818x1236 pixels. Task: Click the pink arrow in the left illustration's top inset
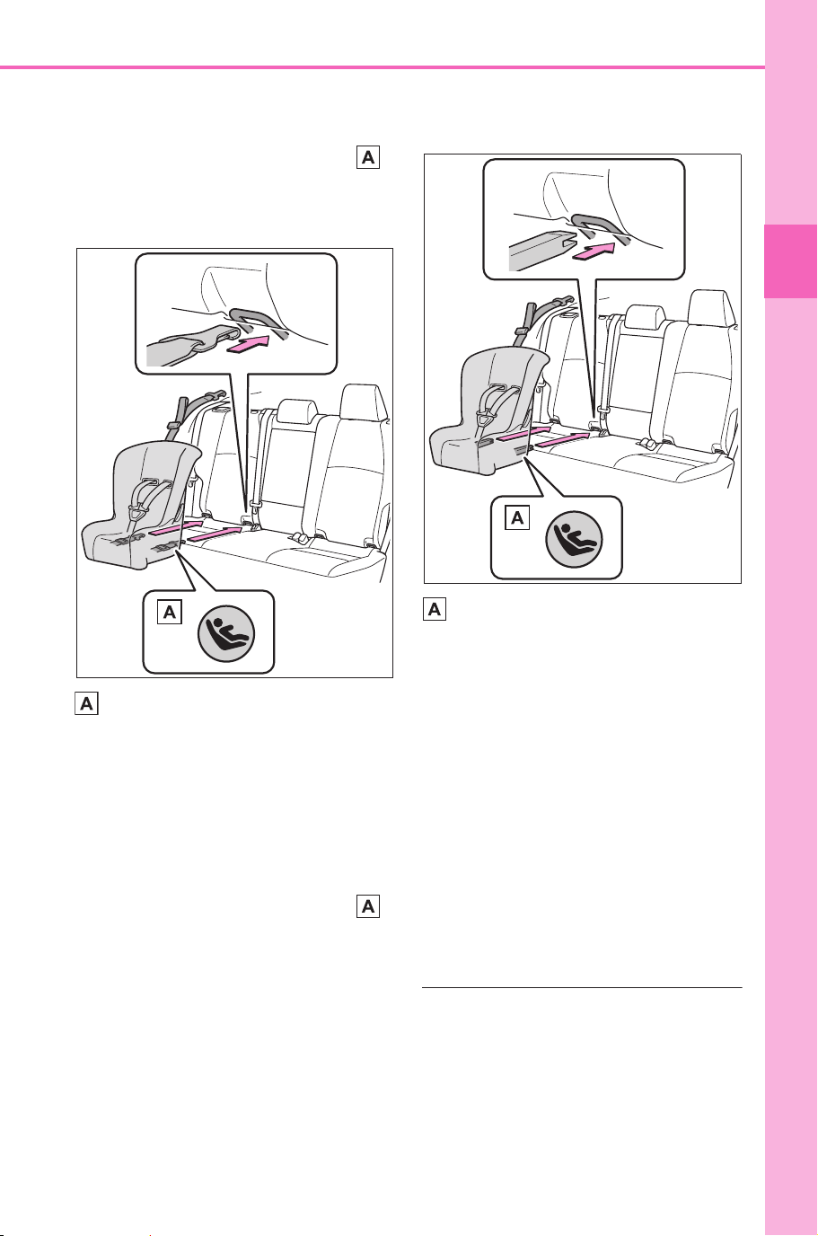click(248, 346)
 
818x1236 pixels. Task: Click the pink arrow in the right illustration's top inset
click(594, 252)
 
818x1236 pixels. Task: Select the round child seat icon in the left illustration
click(226, 633)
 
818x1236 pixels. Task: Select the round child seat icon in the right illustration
click(574, 539)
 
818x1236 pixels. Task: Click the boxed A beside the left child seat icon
click(170, 612)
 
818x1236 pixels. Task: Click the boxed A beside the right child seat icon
click(517, 517)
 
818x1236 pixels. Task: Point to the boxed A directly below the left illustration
click(86, 704)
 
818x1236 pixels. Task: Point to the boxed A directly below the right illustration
click(435, 609)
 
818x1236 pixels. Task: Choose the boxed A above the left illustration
click(368, 157)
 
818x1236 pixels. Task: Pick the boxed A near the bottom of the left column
click(368, 905)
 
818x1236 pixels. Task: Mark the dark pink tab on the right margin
click(790, 261)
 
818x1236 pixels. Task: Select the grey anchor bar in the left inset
click(258, 322)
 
